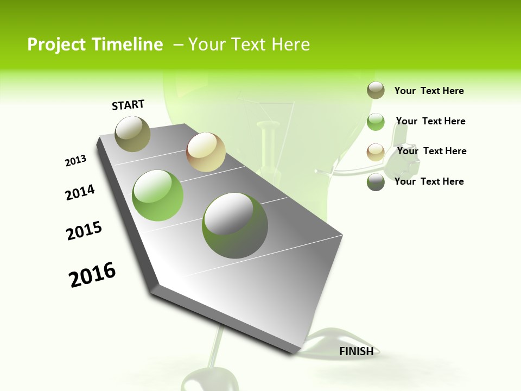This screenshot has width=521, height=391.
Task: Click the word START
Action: coord(128,105)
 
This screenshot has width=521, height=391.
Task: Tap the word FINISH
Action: coord(356,351)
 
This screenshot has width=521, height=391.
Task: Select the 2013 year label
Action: coord(76,161)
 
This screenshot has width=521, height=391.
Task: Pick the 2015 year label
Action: coord(84,231)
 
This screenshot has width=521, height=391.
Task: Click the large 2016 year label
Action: coord(92,275)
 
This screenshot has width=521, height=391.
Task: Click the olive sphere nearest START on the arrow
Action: coord(132,134)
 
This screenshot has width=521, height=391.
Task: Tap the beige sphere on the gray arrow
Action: coord(206,152)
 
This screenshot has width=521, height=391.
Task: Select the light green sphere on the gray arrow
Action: coord(158,195)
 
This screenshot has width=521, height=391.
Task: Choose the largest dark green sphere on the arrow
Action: coord(235,225)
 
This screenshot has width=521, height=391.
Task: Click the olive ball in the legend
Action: coord(376,91)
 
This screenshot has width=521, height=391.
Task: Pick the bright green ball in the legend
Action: coord(376,122)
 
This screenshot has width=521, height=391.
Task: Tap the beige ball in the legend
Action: coord(376,152)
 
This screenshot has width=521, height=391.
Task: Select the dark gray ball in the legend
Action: coord(376,182)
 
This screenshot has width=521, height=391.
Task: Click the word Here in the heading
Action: coord(290,45)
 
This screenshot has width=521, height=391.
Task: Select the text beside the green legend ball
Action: coord(430,121)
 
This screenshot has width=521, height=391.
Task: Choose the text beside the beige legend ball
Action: coord(431,151)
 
